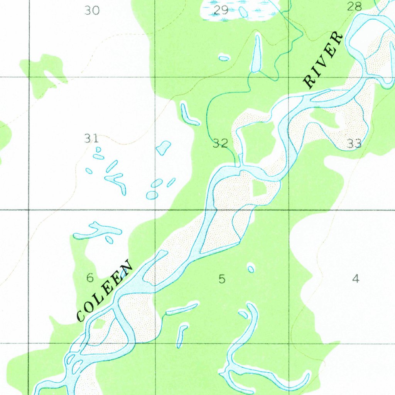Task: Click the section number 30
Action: (92, 10)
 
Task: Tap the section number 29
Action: (221, 10)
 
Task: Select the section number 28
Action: (354, 6)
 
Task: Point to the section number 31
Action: (91, 138)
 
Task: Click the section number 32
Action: (221, 144)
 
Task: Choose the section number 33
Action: (354, 144)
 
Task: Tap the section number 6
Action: (90, 277)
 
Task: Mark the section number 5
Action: (222, 278)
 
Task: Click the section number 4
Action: (356, 278)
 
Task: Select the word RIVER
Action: (323, 60)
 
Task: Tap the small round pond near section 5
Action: (251, 268)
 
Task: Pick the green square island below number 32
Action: (258, 188)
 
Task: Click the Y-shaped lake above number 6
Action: (98, 231)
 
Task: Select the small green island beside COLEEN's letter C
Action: (99, 324)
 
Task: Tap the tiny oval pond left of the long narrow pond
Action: (224, 58)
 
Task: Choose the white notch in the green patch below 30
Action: (52, 77)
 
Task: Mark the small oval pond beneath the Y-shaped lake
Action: (109, 240)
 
